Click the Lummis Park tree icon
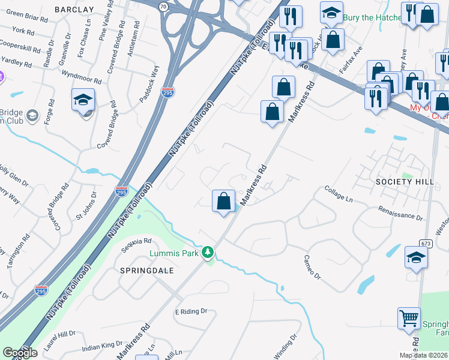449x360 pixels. click(208, 253)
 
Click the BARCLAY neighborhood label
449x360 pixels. click(74, 10)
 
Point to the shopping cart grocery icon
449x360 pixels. click(409, 319)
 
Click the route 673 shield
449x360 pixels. click(426, 244)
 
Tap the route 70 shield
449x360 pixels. click(164, 7)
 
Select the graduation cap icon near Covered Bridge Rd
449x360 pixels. click(83, 100)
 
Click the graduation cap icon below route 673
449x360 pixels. click(416, 257)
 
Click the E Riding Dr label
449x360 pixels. click(191, 311)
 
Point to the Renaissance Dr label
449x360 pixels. click(401, 213)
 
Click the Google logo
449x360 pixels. click(20, 353)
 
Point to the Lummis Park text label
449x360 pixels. click(174, 253)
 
